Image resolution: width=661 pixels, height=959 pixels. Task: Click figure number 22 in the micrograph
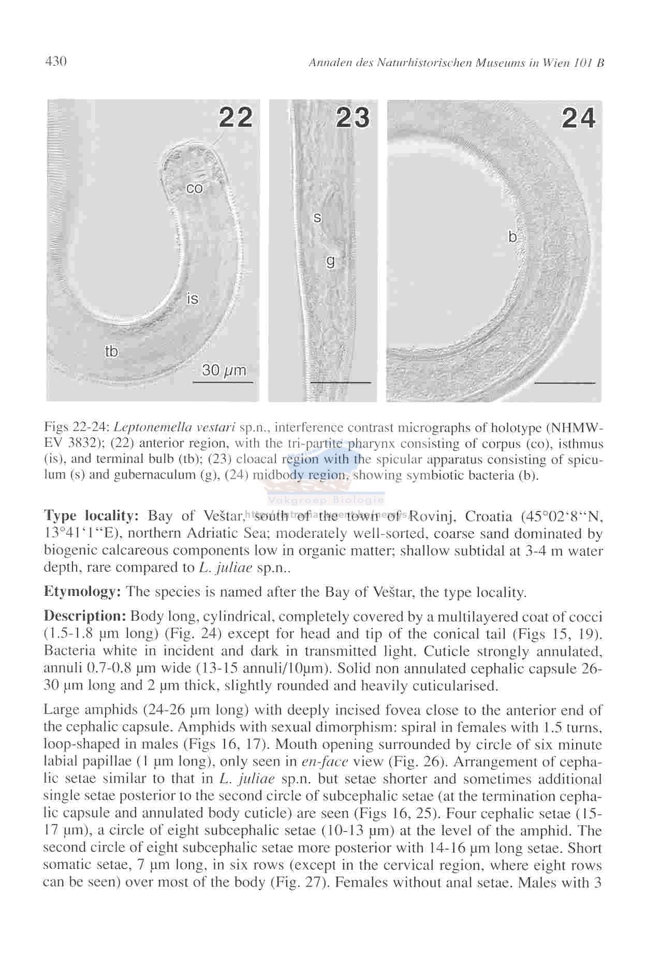click(236, 117)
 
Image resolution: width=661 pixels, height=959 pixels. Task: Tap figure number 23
click(353, 117)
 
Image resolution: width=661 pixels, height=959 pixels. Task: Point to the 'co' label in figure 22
click(195, 188)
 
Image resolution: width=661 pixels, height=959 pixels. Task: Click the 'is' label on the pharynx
click(193, 298)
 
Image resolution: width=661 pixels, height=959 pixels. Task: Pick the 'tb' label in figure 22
click(111, 352)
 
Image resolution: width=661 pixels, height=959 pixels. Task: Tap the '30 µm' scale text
click(224, 370)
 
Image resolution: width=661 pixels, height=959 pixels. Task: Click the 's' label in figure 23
click(317, 218)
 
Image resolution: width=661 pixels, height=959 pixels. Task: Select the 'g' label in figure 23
click(330, 261)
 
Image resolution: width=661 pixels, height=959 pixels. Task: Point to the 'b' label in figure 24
click(512, 237)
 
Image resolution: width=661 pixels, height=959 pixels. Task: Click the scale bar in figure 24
click(565, 383)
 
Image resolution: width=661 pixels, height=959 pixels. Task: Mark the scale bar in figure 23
click(341, 383)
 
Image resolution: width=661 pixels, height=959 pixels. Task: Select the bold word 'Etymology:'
click(82, 592)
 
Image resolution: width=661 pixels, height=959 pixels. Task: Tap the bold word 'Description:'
click(85, 617)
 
